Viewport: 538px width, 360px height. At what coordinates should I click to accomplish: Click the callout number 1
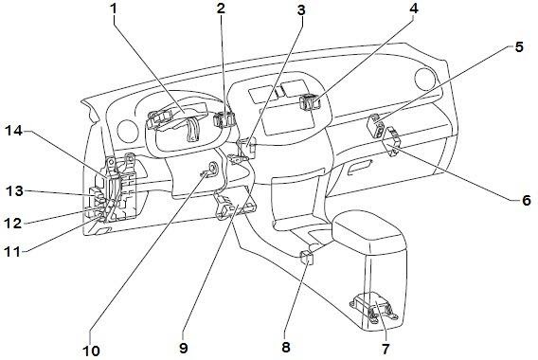point(114,9)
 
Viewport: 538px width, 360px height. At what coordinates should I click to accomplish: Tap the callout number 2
point(221,9)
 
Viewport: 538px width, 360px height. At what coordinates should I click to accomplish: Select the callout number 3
point(301,10)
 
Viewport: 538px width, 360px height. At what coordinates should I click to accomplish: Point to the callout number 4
point(414,9)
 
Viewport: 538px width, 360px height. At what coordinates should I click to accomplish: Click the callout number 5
point(519,47)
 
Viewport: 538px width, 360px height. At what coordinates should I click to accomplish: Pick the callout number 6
point(527,200)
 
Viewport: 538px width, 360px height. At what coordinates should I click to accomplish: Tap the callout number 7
point(386,349)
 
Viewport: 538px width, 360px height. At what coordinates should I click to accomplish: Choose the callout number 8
point(286,347)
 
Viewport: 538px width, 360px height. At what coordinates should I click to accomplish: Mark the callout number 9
point(184,348)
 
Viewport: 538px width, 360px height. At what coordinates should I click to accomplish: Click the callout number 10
point(91,351)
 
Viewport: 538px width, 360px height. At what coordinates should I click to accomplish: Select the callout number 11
point(12,252)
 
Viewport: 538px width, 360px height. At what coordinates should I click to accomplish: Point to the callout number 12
point(13,224)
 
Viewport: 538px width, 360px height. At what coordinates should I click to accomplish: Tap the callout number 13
point(14,191)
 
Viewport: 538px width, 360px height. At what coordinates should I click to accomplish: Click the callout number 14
point(13,131)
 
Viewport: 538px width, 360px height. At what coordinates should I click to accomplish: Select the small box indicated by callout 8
point(307,258)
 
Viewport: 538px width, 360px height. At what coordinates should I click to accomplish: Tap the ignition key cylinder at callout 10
point(211,169)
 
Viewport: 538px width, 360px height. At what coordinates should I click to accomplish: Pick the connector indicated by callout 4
point(310,101)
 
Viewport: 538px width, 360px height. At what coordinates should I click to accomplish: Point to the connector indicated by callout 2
point(224,119)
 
